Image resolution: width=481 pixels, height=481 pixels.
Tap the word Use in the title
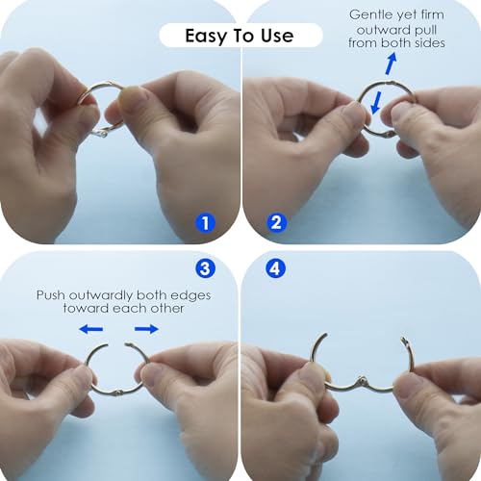277,36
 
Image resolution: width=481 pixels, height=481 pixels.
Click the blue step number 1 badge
205,223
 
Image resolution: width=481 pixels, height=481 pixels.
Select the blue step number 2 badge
276,222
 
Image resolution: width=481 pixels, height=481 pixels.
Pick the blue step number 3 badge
205,268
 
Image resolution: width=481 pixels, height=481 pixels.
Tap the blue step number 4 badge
275,268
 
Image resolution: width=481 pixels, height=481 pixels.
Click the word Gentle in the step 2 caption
370,14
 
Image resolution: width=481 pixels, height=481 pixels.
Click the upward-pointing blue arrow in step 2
391,64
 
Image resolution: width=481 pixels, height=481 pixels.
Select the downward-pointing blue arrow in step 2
376,103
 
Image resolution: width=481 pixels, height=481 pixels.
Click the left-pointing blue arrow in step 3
91,329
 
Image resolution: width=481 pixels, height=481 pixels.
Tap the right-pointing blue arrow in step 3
146,329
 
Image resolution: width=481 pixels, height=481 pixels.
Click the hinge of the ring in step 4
362,380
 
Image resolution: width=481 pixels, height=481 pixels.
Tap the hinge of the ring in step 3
118,392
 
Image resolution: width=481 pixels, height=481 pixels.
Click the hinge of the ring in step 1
103,132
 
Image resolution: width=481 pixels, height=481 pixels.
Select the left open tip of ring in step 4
325,335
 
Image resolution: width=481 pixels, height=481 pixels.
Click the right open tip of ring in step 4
403,339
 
